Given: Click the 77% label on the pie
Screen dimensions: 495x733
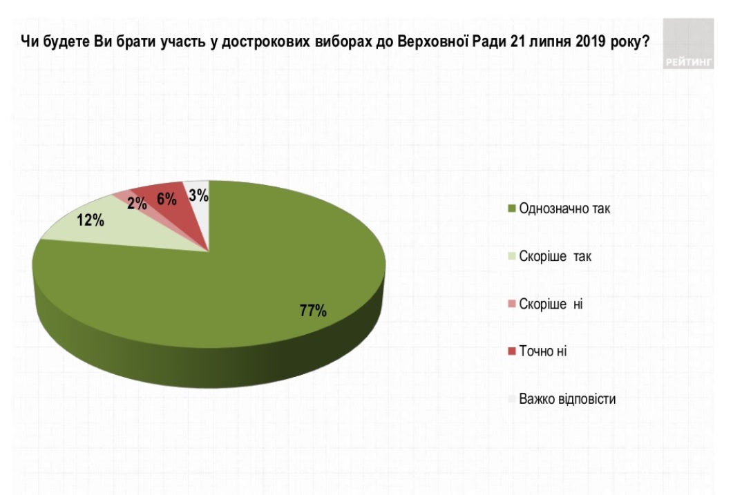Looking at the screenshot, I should [312, 311].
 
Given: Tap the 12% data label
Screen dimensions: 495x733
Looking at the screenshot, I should [91, 222].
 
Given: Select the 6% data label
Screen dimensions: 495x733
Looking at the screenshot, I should [167, 198].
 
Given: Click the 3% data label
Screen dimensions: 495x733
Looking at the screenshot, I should [198, 196].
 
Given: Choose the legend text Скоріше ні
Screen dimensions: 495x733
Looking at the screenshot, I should [551, 304].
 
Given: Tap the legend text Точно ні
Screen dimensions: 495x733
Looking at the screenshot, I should [543, 351].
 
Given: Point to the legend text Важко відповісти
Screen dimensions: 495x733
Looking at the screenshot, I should [567, 399].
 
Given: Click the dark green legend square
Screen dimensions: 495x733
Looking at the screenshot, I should [511, 209].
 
